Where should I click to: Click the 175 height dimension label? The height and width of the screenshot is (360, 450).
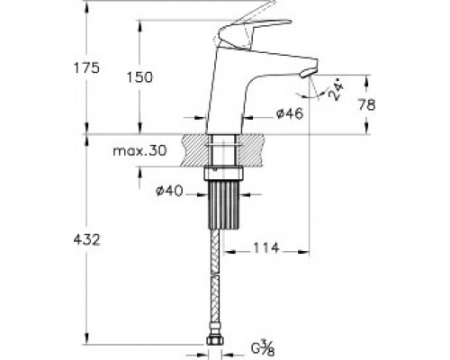[86, 68]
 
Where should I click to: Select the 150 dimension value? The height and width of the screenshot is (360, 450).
[139, 77]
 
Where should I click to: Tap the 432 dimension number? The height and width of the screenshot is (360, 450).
[86, 239]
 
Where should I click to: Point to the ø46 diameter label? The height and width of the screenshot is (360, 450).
[290, 113]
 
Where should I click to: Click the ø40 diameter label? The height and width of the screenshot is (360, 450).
[169, 191]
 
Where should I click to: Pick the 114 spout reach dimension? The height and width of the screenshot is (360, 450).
[266, 248]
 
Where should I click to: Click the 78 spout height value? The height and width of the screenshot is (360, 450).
[367, 104]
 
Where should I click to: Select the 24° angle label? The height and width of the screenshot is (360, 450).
[336, 90]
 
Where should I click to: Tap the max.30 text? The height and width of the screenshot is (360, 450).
[139, 150]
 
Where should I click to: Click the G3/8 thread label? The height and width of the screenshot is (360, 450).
[263, 349]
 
